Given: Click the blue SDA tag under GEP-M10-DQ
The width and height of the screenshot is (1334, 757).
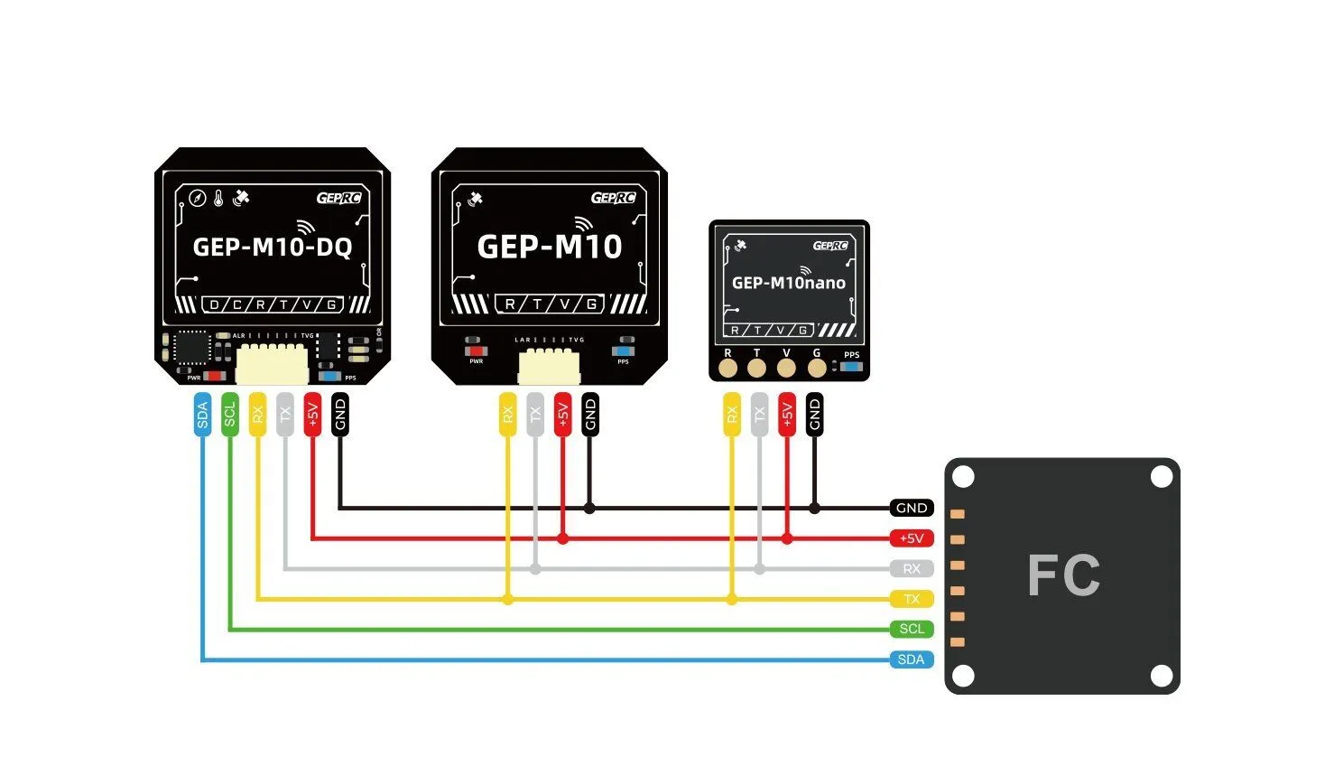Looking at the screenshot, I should pos(202,415).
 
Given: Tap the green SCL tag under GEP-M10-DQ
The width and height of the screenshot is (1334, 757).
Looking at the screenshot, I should pos(230,415).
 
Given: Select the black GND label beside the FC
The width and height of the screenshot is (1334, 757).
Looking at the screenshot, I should pos(911,508).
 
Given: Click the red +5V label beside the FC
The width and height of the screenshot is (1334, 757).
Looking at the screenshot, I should pos(911,538).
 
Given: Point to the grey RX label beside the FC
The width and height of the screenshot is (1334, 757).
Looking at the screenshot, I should pos(911,568).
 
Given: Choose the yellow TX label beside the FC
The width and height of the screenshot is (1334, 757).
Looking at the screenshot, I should pos(911,599).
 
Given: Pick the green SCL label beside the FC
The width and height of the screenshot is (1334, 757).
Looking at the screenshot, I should pos(911,629).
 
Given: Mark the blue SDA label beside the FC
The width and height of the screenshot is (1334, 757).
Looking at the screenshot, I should pos(911,659).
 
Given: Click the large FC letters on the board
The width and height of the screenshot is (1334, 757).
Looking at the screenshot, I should pos(1063,575).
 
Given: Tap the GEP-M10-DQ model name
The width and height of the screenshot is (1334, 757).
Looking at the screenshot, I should pos(273,247).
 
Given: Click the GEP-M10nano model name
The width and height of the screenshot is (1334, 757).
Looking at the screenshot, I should pos(788,283).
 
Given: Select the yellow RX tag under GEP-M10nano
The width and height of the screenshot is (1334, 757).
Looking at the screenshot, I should pos(731,415).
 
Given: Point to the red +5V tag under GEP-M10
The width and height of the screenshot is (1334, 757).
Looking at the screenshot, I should pos(562,415).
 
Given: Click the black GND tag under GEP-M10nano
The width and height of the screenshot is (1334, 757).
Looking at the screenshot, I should pos(814,415).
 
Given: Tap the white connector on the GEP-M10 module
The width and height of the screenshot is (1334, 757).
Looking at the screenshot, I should pos(548,366).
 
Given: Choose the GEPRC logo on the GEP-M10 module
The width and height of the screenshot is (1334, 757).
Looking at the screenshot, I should pos(614,198).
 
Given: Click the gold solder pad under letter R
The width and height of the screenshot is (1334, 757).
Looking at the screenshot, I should pos(728,368).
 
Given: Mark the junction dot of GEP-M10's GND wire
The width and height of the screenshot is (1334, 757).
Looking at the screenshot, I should pos(589,509).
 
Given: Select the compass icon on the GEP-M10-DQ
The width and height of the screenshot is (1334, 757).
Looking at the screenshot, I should pos(197,198).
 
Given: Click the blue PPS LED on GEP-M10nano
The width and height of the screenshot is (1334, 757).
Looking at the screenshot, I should pos(851,367).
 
